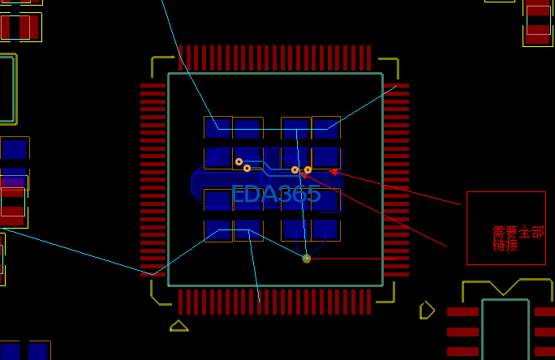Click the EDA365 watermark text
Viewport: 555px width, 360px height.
coord(276,194)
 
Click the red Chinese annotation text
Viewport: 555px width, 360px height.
coord(518,238)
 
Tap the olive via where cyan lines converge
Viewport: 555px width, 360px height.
coord(307,259)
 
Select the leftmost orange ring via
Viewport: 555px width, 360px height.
coord(239,162)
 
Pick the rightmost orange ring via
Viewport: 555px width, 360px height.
coord(308,170)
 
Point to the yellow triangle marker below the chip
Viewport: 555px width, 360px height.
coord(179,326)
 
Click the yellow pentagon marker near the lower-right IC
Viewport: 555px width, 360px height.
coord(427,311)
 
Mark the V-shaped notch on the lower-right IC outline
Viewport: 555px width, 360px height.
coord(503,288)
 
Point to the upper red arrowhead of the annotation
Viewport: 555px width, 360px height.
coord(333,172)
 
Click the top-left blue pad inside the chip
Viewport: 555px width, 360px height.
coord(217,128)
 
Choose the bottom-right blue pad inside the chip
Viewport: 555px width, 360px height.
coord(325,229)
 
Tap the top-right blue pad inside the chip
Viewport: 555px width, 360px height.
coord(326,129)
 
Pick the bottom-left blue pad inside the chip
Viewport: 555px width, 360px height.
coord(217,229)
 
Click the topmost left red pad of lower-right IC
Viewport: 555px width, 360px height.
coord(463,311)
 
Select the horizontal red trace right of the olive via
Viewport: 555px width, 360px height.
coord(353,259)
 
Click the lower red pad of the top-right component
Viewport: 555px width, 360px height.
coord(538,34)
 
